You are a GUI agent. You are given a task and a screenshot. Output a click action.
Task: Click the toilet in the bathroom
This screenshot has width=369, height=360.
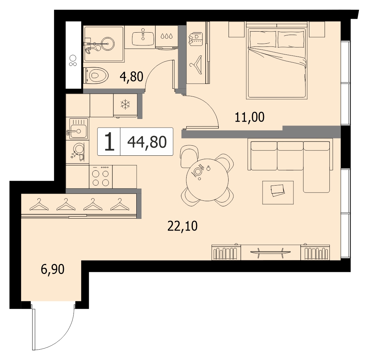tap(96, 75)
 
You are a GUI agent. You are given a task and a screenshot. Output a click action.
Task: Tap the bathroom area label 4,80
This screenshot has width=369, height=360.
tap(131, 77)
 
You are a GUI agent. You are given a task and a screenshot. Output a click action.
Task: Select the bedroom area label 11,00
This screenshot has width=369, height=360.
tap(249, 117)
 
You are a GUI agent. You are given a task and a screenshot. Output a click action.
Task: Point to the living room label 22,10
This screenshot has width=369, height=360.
tap(182, 226)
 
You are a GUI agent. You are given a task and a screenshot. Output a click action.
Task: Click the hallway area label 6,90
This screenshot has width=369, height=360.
tap(52, 269)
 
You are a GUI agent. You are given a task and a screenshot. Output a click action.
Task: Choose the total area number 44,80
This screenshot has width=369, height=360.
tap(147, 142)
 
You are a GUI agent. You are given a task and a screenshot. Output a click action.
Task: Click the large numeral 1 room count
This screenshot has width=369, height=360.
tap(109, 142)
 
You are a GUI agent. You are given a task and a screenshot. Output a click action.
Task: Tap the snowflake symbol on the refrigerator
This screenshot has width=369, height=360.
tap(125, 104)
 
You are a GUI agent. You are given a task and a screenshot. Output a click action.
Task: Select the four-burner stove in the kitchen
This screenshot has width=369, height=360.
tap(101, 177)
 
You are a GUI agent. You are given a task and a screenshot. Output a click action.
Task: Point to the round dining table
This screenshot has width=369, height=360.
tap(207, 180)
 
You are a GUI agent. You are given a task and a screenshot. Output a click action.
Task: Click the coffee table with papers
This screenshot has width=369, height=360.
tap(278, 192)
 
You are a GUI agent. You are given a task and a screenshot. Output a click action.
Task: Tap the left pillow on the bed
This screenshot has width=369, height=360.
tap(263, 39)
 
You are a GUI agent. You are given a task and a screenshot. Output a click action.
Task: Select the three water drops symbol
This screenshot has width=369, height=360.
tap(166, 36)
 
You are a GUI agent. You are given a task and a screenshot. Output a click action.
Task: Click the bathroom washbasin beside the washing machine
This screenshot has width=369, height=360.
tap(143, 38)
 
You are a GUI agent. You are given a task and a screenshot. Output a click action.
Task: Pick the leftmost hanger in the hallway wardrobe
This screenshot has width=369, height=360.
tap(39, 205)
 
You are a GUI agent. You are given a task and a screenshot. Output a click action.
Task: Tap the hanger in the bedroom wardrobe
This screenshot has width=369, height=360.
tap(196, 65)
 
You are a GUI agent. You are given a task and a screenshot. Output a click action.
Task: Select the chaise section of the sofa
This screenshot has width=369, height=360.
tap(316, 167)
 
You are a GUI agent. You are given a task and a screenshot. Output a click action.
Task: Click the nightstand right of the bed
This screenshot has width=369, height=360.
tap(317, 29)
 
